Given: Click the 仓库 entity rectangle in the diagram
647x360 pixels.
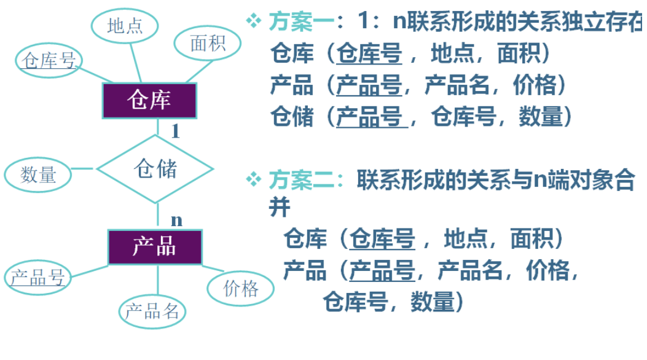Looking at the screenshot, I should [x=149, y=101].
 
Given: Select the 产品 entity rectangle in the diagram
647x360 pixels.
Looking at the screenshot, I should [x=155, y=246].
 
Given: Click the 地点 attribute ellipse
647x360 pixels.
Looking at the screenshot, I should [x=125, y=26].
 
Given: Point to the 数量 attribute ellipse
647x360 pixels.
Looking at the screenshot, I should [x=39, y=174].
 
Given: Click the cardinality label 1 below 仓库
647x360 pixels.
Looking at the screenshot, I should [x=175, y=131].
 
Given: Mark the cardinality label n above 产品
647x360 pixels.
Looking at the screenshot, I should [x=176, y=219].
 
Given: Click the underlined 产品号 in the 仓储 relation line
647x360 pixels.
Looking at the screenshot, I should [x=369, y=116].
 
